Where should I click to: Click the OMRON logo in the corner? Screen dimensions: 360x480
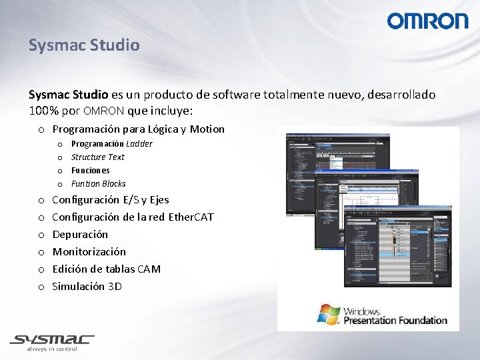[427, 21]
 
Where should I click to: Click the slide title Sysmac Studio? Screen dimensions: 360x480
[84, 45]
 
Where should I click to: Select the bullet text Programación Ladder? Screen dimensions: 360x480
[111, 144]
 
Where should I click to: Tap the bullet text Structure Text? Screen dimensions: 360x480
[97, 157]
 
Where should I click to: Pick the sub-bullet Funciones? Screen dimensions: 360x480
[90, 171]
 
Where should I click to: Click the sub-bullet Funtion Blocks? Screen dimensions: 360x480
[98, 184]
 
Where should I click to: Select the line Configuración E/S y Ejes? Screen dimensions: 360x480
[110, 200]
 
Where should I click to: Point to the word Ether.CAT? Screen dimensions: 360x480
[191, 217]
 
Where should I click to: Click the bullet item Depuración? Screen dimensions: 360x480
[80, 235]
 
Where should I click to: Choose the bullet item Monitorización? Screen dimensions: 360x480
[89, 252]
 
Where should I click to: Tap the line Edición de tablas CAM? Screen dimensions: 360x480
[106, 269]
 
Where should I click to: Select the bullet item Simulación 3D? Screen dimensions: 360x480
[87, 287]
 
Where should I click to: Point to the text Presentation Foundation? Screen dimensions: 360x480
[395, 321]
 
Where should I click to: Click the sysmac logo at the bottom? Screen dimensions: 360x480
[52, 340]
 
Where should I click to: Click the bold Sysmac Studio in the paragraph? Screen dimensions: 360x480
[65, 95]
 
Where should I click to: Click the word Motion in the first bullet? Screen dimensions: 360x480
[207, 129]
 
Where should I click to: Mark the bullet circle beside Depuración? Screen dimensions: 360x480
[41, 235]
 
